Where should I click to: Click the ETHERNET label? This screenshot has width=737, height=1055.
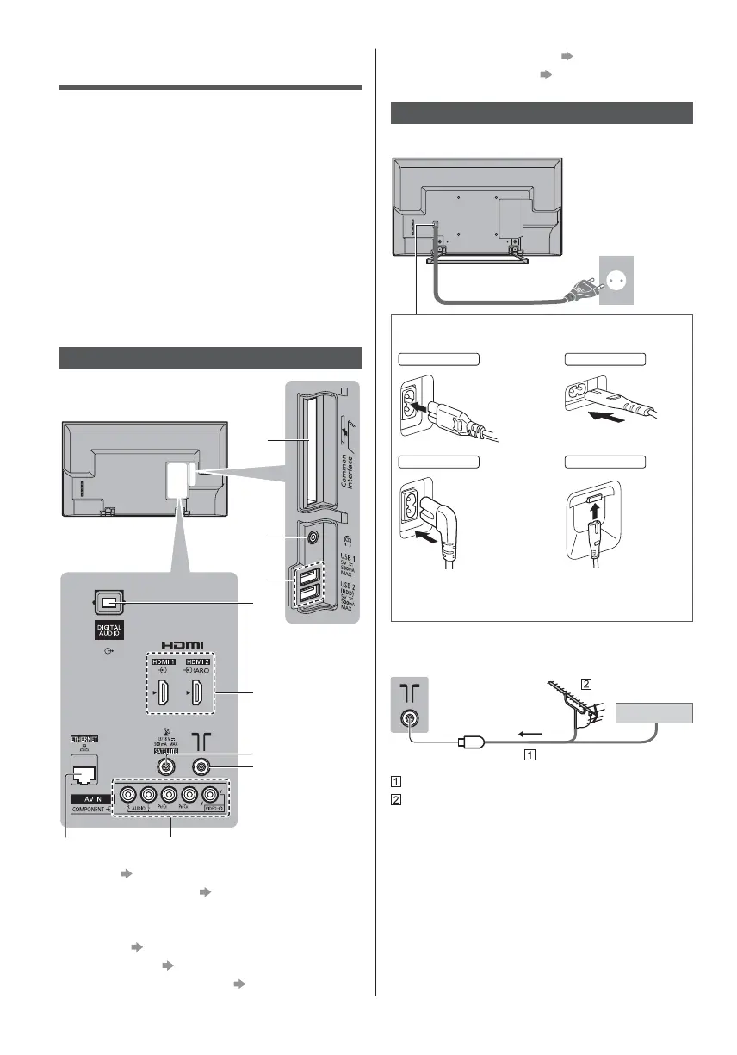(x=84, y=738)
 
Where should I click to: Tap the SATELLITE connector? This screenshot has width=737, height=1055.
(x=162, y=763)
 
